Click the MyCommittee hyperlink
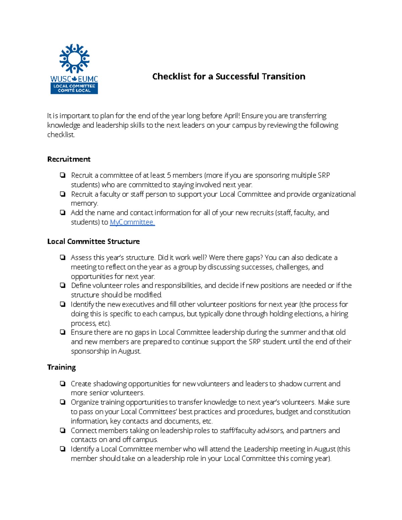click(x=132, y=222)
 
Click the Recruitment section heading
click(x=69, y=159)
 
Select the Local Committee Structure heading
click(x=93, y=242)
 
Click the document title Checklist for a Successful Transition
click(x=228, y=77)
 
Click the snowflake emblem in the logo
click(x=74, y=59)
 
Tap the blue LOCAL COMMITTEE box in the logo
click(x=74, y=88)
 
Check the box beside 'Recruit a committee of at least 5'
click(x=63, y=175)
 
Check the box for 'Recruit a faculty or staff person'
click(x=63, y=194)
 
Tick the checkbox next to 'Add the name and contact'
click(x=63, y=213)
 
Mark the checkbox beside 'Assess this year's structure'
click(x=63, y=257)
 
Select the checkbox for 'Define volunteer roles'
click(x=63, y=286)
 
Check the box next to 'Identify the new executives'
click(x=63, y=304)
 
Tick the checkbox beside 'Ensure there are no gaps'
click(x=63, y=332)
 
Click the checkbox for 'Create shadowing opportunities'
click(x=63, y=384)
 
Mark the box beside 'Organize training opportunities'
click(x=63, y=402)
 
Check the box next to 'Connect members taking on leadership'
click(x=63, y=431)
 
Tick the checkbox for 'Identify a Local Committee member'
click(x=63, y=449)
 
